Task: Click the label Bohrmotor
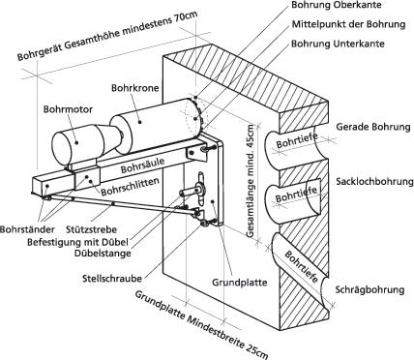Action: click(x=68, y=109)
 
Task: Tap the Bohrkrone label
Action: click(x=135, y=88)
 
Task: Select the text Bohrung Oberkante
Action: click(x=337, y=5)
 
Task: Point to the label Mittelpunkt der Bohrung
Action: click(x=348, y=24)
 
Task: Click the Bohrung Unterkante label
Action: click(x=338, y=44)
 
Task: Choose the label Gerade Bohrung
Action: click(x=373, y=127)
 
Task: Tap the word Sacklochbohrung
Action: click(x=374, y=181)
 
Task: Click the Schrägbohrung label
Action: click(x=370, y=289)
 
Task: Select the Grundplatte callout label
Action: click(x=240, y=283)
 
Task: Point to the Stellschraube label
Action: click(x=112, y=279)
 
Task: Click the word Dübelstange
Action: click(x=103, y=254)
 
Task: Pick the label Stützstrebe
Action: click(x=91, y=230)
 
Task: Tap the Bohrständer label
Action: click(x=27, y=230)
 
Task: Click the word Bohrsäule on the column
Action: click(x=143, y=165)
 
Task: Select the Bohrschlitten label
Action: click(x=131, y=187)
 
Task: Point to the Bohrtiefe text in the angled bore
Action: click(x=301, y=266)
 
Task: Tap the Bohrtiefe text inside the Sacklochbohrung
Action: click(x=296, y=195)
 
